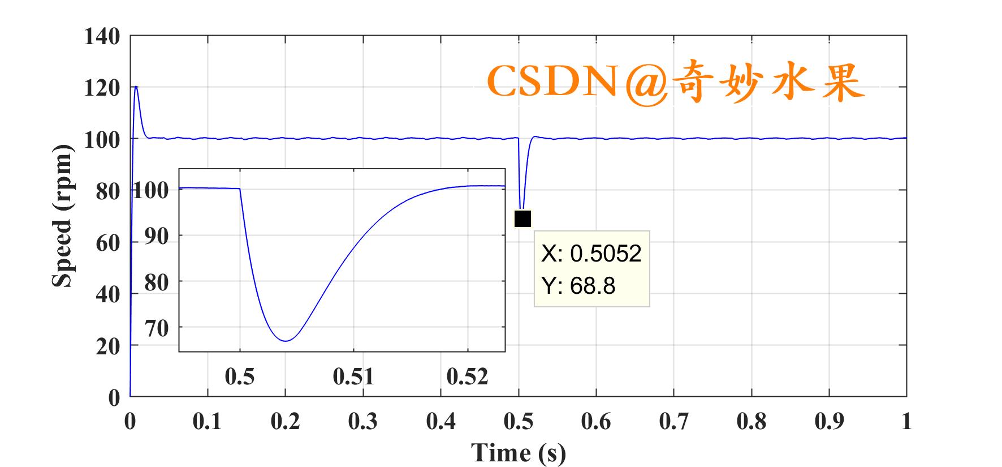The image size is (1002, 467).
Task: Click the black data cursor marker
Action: (x=522, y=218)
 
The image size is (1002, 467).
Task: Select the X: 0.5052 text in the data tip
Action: (x=591, y=254)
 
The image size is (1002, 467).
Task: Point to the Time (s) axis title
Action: (x=519, y=452)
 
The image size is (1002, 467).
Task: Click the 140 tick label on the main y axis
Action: (x=102, y=37)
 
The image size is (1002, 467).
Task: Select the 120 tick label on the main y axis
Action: (x=102, y=88)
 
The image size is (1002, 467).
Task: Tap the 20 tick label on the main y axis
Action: (x=108, y=346)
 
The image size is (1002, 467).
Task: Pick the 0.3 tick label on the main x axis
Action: (x=362, y=422)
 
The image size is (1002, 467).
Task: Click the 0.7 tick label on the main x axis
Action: (x=673, y=422)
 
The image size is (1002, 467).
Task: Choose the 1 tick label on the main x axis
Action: (x=906, y=422)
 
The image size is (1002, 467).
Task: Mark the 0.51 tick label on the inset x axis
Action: (x=353, y=376)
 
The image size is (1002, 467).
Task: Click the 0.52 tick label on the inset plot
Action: (x=467, y=376)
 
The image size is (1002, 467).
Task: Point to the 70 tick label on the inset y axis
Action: (x=157, y=328)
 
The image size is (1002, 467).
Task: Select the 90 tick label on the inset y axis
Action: (x=157, y=236)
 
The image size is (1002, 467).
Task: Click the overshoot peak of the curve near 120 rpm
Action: (x=136, y=87)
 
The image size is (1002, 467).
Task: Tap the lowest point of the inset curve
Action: (x=286, y=341)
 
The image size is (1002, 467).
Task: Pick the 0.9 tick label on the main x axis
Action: (x=829, y=422)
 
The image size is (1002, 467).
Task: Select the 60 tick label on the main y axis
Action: (x=108, y=243)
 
